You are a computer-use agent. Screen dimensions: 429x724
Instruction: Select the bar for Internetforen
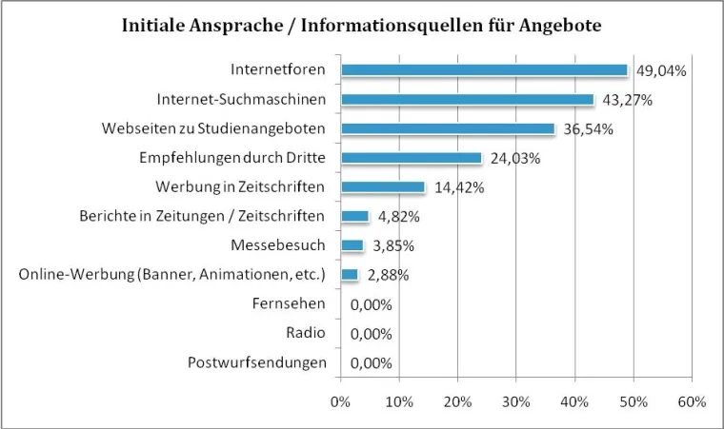pos(484,69)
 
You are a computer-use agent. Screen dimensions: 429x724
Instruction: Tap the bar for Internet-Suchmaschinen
pos(467,99)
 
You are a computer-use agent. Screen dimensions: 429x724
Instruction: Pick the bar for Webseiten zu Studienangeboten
pos(448,128)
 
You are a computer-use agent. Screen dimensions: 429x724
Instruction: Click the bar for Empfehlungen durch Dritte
pos(411,158)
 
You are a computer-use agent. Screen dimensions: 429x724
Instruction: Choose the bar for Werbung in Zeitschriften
pos(382,187)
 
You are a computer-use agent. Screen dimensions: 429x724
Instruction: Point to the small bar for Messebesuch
pos(352,245)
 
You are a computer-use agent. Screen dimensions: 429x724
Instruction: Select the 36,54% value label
pos(594,129)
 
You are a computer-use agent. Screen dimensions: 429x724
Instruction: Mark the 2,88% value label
pos(388,276)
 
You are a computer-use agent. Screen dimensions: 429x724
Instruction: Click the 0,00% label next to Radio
pos(372,334)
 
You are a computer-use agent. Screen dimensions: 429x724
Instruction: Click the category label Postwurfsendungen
pos(257,362)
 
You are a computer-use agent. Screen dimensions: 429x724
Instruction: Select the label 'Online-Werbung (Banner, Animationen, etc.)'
pos(172,275)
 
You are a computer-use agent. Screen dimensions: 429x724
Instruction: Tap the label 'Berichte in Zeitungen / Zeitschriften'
pos(202,216)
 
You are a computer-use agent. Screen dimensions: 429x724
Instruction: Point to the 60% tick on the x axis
pos(692,401)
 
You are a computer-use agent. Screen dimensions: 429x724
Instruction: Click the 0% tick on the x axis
pos(340,401)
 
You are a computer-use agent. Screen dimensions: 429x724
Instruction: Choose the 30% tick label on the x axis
pos(515,401)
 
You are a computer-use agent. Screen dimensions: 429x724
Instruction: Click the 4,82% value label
pos(398,217)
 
